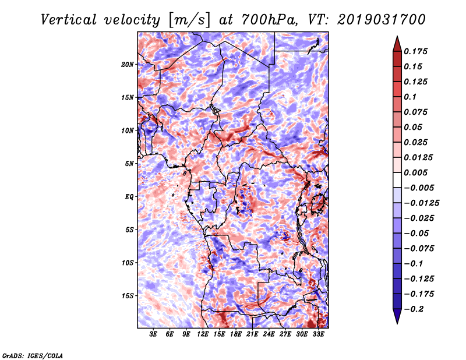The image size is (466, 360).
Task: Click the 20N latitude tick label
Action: [128, 65]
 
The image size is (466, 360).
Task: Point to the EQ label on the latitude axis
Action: [129, 197]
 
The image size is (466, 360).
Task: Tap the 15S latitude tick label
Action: [128, 296]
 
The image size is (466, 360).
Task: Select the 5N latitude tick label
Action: [129, 164]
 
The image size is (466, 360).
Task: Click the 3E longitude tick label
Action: [153, 334]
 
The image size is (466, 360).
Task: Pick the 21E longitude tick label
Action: [252, 334]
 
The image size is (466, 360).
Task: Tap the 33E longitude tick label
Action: [318, 334]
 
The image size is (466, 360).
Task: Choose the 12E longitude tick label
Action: [203, 334]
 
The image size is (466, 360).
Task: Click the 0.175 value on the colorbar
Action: [415, 51]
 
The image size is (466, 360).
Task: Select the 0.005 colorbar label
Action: [415, 172]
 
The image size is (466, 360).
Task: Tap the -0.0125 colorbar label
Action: [421, 203]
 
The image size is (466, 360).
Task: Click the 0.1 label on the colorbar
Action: [410, 97]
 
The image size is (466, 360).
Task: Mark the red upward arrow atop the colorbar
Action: [397, 44]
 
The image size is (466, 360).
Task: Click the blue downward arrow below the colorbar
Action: [397, 316]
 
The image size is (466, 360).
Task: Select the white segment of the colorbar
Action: [397, 180]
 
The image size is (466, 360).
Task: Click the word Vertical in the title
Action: [69, 20]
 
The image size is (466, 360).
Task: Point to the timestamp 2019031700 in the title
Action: [382, 20]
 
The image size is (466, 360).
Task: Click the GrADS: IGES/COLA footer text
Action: [33, 355]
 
